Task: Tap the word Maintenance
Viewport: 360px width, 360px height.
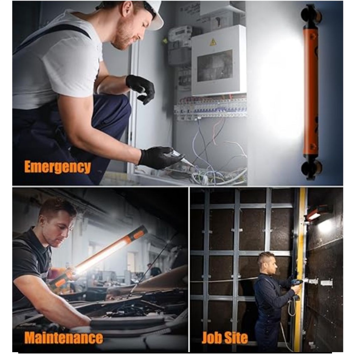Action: click(x=64, y=337)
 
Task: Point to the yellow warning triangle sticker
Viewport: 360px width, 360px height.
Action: click(x=213, y=42)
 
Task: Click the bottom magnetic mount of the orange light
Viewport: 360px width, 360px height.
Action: click(x=312, y=169)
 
